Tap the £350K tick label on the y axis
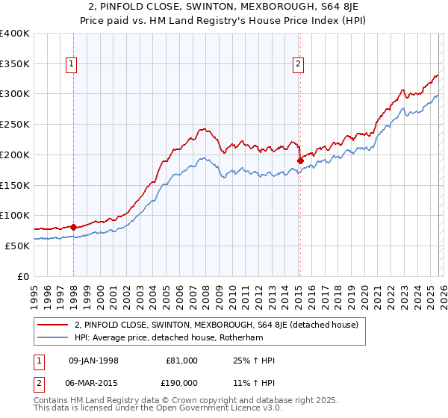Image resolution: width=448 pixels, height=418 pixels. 15,64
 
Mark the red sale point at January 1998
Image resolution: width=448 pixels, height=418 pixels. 73,227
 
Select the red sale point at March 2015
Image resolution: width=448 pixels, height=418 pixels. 299,160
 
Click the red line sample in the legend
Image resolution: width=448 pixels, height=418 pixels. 54,325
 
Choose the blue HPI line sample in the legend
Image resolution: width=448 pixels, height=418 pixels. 54,337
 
